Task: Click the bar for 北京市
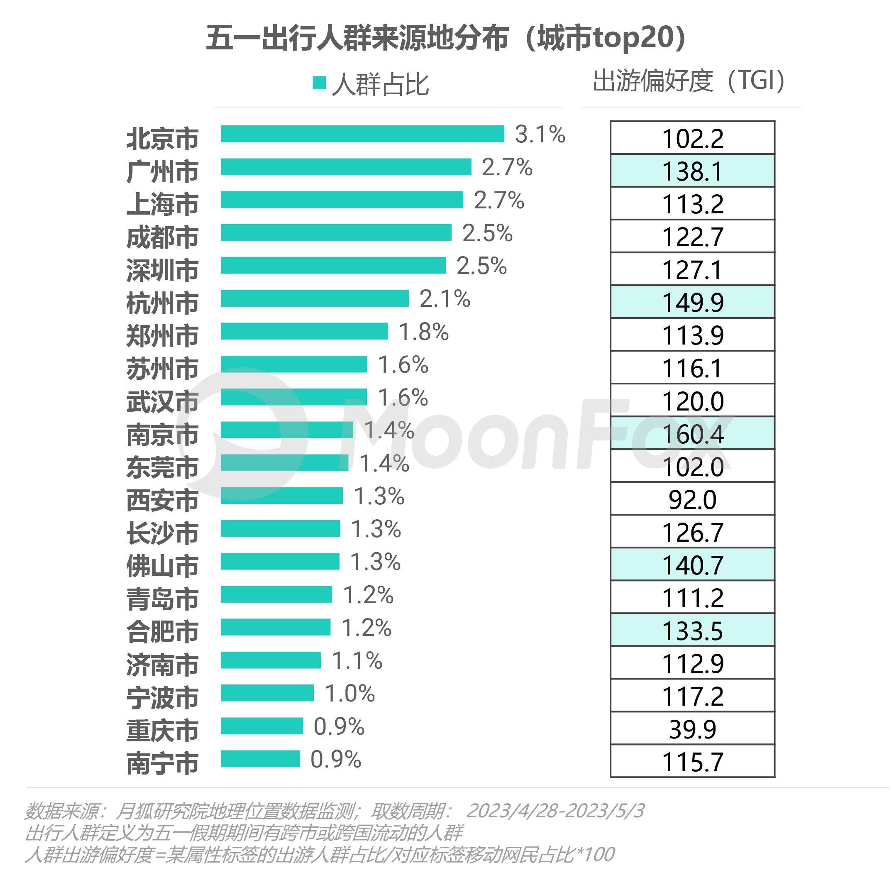(362, 134)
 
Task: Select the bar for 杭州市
(315, 298)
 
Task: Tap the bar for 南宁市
(260, 759)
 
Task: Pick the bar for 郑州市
(304, 331)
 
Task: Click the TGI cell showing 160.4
(692, 433)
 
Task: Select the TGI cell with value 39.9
(692, 729)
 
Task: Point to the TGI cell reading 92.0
(692, 499)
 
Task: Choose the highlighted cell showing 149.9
(692, 302)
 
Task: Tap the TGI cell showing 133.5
(692, 630)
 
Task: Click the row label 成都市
(162, 237)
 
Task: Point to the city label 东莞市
(162, 467)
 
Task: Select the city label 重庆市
(162, 730)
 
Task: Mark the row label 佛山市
(162, 566)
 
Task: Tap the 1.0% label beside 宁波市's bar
(349, 694)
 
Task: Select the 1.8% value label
(423, 332)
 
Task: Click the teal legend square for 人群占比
(319, 83)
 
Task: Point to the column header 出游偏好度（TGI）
(689, 81)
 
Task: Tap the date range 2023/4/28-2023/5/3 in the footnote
(555, 811)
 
